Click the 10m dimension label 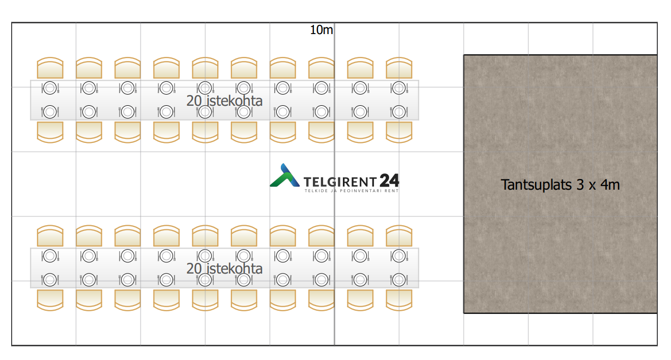click(322, 31)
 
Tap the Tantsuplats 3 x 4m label click(560, 185)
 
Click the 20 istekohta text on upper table click(224, 101)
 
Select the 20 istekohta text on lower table click(224, 268)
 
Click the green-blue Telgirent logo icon click(284, 176)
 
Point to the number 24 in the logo click(389, 181)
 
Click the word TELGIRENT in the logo click(340, 182)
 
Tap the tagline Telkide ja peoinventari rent click(351, 191)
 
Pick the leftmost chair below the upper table click(50, 132)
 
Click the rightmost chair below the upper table click(399, 132)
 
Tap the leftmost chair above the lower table click(50, 236)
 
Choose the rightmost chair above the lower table click(399, 236)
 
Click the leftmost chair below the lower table click(50, 299)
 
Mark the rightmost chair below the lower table click(399, 299)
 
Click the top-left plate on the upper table click(50, 88)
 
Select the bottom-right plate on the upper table click(399, 111)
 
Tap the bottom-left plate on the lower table click(50, 279)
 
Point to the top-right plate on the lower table click(399, 256)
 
